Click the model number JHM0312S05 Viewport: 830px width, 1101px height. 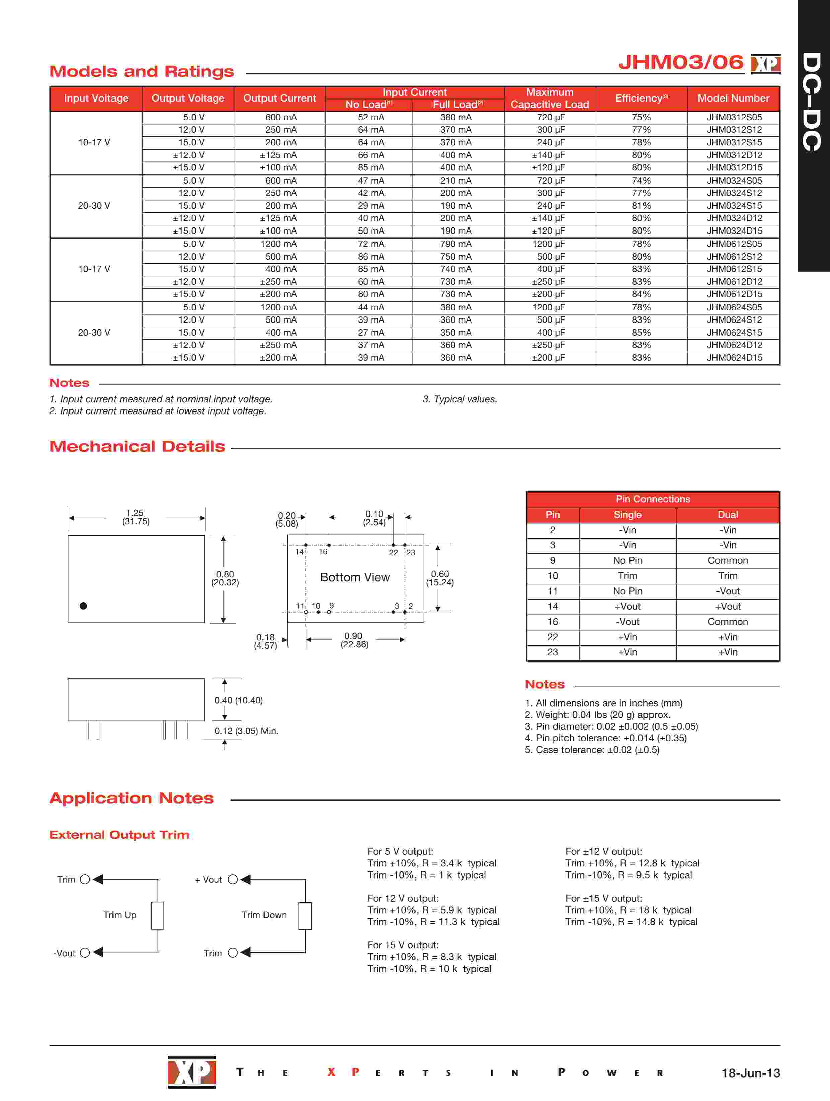coord(734,117)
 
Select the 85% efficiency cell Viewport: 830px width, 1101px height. coord(641,333)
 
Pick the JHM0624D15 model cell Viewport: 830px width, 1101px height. coord(734,357)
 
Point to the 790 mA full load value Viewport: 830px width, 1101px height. coord(455,244)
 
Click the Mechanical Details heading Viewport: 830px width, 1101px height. coord(137,447)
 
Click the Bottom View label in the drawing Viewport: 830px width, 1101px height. coord(355,577)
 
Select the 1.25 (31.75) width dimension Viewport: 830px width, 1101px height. coord(135,517)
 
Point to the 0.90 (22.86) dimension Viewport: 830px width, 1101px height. coord(354,640)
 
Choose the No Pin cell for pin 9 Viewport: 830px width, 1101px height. coord(627,560)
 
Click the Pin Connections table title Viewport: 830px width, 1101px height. coord(653,499)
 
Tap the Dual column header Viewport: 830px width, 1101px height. coord(727,515)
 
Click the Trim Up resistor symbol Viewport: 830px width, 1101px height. coord(157,915)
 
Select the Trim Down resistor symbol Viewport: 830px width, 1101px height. coord(305,915)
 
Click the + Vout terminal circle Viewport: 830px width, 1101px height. coord(233,880)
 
